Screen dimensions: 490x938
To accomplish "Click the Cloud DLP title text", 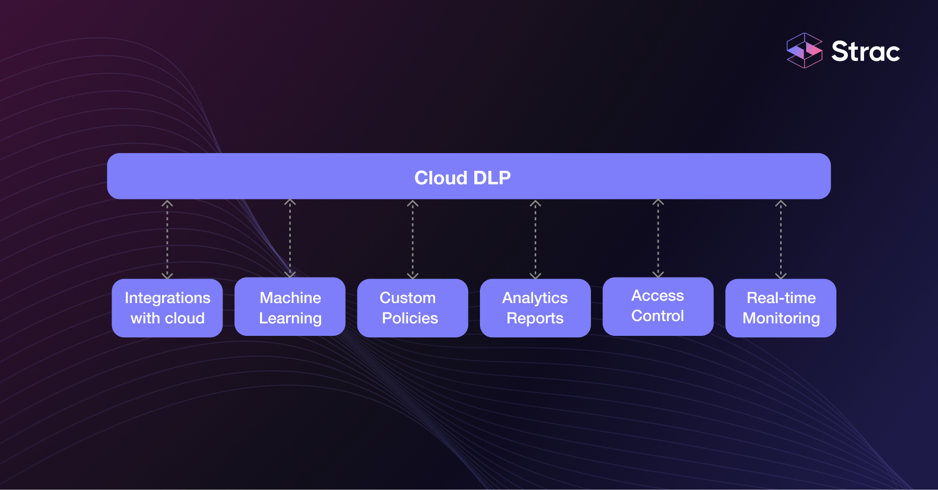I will [462, 178].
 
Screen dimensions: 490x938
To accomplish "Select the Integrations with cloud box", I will [167, 308].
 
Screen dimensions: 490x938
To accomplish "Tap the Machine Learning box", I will [290, 307].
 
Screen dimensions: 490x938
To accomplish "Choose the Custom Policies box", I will [412, 308].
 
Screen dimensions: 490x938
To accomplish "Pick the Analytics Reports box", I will [535, 308].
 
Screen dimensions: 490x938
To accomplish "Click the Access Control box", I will [658, 306].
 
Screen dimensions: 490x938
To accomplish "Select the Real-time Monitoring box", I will [781, 308].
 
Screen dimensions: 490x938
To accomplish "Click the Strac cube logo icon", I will [804, 51].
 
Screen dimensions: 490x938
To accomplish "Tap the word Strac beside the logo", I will [865, 52].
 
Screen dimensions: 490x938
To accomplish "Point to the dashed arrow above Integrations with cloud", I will [167, 240].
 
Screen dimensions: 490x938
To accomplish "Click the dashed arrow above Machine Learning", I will [290, 238].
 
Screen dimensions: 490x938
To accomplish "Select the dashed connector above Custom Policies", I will [413, 240].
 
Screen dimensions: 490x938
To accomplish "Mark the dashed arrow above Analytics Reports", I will [535, 240].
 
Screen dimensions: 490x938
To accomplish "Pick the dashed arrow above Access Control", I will [658, 238].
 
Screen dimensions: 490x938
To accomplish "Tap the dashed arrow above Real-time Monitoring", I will [781, 240].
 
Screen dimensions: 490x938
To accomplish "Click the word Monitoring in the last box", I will [781, 318].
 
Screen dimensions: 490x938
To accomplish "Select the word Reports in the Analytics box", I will [535, 318].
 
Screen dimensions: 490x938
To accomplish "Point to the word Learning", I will [290, 318].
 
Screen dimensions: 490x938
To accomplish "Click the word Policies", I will [410, 318].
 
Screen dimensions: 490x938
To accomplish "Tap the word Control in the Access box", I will [658, 316].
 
